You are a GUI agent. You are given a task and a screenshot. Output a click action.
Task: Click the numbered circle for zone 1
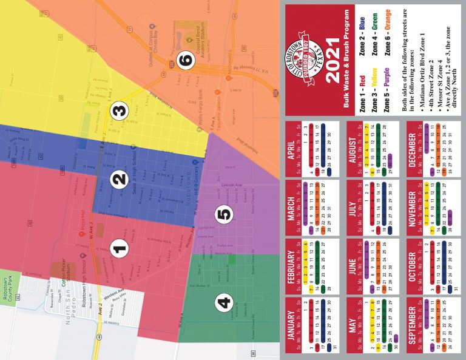(120, 247)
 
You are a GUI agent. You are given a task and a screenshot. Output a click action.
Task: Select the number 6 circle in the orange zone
(186, 59)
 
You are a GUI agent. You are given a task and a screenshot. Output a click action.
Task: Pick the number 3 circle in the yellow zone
(120, 110)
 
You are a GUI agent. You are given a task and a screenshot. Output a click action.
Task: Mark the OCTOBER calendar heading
(413, 268)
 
